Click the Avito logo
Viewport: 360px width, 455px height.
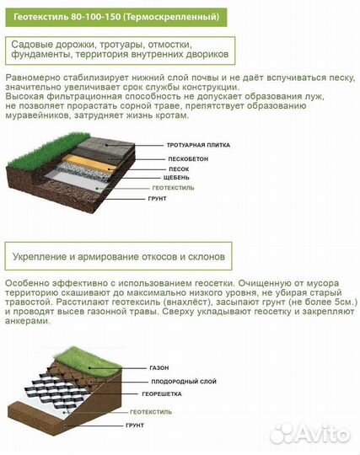tap(322, 433)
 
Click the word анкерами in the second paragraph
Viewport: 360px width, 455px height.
tap(30, 320)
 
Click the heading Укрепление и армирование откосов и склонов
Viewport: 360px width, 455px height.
tap(119, 254)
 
